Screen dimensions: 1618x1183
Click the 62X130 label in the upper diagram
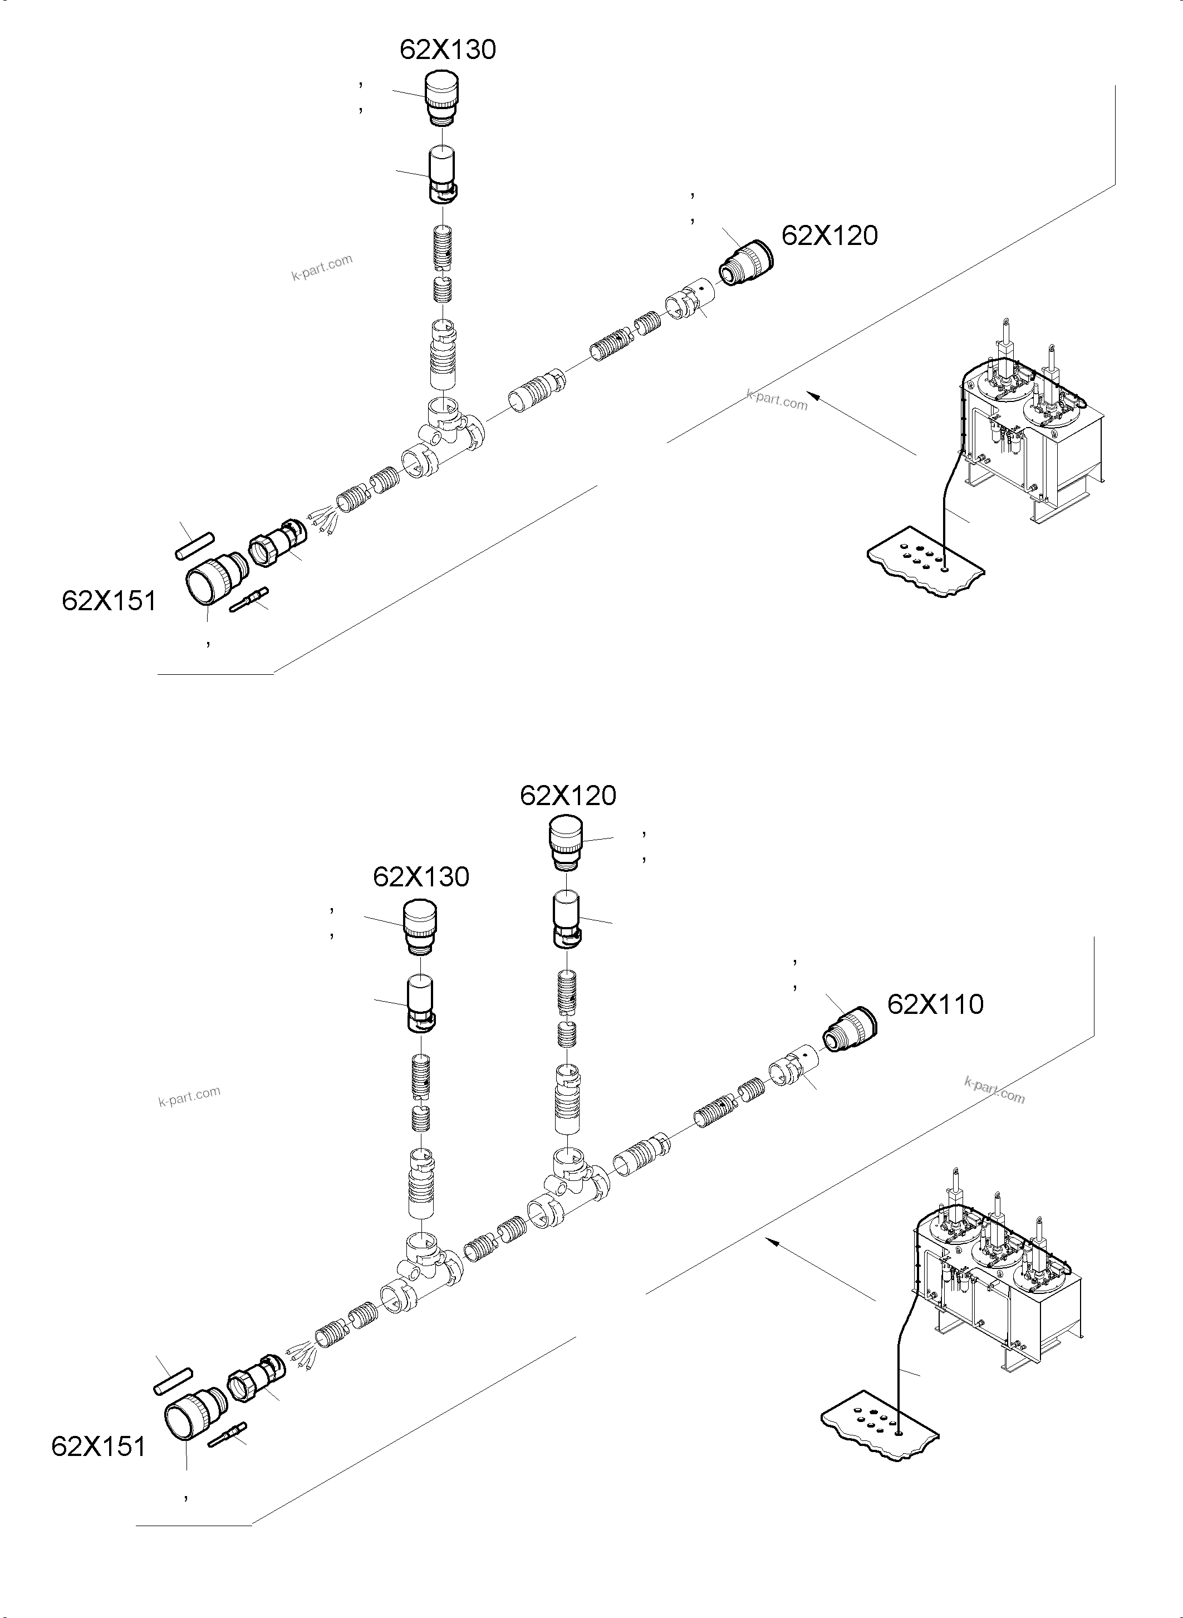pos(448,50)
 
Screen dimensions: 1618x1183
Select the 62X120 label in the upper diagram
pos(829,236)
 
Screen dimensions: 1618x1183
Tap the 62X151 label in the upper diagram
pos(109,600)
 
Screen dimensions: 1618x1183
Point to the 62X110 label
pos(935,1004)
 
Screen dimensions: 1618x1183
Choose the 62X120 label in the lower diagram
pos(568,795)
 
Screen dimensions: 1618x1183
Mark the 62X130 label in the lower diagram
pos(421,877)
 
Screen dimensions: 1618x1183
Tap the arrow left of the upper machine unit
pos(860,422)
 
